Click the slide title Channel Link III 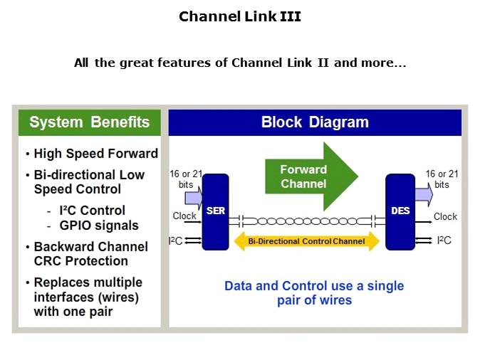(239, 16)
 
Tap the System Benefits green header (89, 122)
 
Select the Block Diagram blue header (315, 122)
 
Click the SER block (215, 211)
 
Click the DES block (400, 211)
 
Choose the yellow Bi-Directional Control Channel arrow (306, 242)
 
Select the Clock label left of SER (184, 216)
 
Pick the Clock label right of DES (445, 216)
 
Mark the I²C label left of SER (175, 241)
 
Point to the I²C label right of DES (444, 241)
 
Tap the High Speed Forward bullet (95, 154)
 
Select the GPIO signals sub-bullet (98, 226)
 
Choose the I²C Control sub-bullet (91, 211)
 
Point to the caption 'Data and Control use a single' (313, 286)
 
